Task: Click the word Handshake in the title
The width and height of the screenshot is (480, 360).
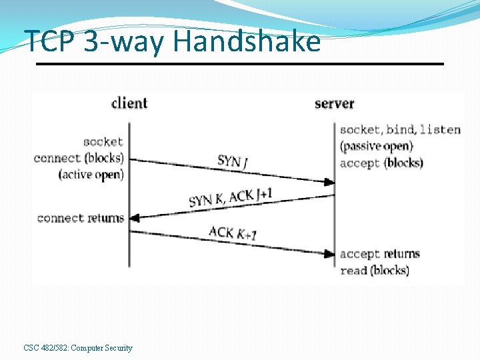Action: click(247, 41)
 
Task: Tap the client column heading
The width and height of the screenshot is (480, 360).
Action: click(129, 103)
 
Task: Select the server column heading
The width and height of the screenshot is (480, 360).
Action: click(334, 103)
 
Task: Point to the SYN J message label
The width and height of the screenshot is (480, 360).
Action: click(231, 161)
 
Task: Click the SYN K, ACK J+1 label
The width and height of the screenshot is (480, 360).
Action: click(231, 197)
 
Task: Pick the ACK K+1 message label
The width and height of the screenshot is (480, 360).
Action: click(233, 233)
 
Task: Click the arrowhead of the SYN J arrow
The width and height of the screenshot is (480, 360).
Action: click(330, 182)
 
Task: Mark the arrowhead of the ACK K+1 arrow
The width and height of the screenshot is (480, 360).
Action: click(330, 253)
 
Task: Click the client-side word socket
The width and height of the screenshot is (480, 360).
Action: click(103, 142)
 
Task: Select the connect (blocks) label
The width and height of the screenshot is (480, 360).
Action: click(79, 158)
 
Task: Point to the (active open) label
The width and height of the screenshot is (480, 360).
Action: click(91, 175)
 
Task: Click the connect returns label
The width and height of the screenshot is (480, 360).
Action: click(81, 218)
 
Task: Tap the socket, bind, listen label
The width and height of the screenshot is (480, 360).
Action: click(400, 129)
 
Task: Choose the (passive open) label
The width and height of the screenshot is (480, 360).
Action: click(376, 146)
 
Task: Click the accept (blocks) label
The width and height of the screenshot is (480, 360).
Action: click(381, 163)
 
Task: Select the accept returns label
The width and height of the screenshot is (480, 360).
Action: click(379, 254)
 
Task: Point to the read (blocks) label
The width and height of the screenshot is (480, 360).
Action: click(374, 270)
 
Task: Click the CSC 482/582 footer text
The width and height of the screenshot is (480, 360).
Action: click(78, 348)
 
